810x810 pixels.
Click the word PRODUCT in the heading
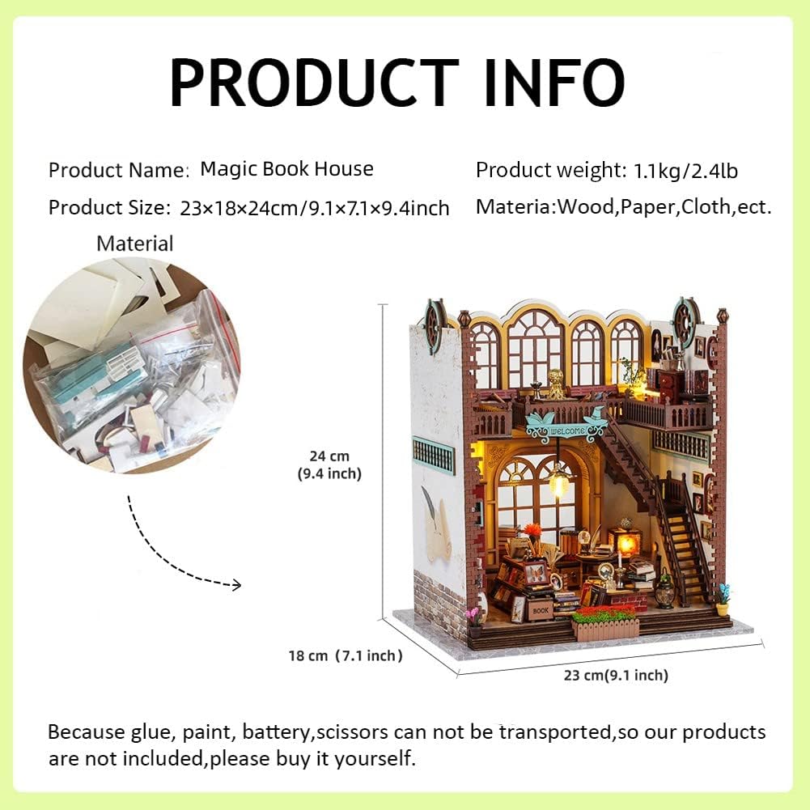coord(314,83)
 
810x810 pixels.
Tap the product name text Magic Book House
coord(286,169)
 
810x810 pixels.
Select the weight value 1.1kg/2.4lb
coord(685,171)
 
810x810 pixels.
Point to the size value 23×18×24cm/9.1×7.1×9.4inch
coord(315,208)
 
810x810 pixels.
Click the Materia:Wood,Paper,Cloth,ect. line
coord(624,206)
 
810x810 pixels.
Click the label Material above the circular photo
coord(135,244)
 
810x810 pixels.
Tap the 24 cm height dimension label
coord(329,464)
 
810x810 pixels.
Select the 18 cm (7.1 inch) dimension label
coord(345,655)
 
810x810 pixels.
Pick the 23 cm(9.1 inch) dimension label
coord(616,675)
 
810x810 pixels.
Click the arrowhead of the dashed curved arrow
coord(236,585)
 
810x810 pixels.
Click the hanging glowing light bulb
coord(558,482)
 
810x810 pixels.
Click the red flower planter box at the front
coord(605,624)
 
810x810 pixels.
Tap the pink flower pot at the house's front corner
coord(473,623)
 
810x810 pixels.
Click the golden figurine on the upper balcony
coord(556,383)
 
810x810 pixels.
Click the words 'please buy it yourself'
coord(312,758)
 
